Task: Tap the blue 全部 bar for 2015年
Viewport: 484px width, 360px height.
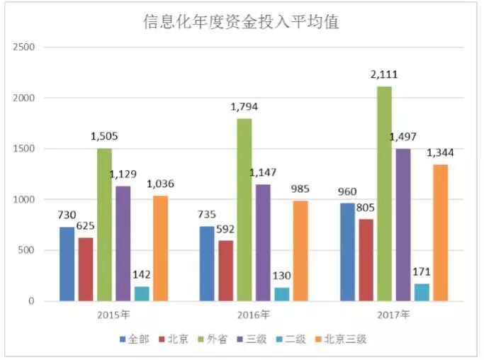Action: (x=67, y=264)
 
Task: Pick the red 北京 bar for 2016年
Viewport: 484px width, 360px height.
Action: (x=225, y=271)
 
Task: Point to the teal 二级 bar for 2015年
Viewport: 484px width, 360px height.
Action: (x=142, y=293)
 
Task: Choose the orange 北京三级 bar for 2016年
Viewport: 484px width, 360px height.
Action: (x=300, y=251)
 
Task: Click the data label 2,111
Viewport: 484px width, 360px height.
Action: (x=384, y=74)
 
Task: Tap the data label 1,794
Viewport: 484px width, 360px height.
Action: (x=244, y=107)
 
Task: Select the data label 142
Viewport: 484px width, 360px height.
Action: (x=142, y=275)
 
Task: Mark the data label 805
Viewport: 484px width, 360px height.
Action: (x=366, y=208)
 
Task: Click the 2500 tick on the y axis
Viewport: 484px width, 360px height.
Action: (x=24, y=47)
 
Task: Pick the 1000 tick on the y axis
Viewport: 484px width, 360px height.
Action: (x=24, y=200)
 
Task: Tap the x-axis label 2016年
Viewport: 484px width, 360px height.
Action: (x=254, y=314)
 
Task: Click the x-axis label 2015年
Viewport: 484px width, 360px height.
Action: (x=113, y=314)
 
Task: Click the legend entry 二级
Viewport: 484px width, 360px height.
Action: (x=295, y=339)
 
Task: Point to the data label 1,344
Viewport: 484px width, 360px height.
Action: (x=440, y=153)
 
